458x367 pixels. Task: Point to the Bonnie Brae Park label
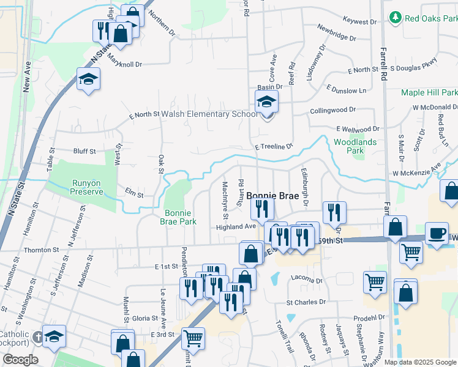180,217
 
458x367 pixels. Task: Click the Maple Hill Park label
429,93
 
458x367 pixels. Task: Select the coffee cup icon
437,234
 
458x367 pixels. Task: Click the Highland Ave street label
235,226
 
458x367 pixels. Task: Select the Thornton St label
41,250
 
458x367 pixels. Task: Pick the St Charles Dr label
306,302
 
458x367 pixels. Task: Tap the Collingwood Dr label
332,110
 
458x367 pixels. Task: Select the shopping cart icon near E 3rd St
193,337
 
